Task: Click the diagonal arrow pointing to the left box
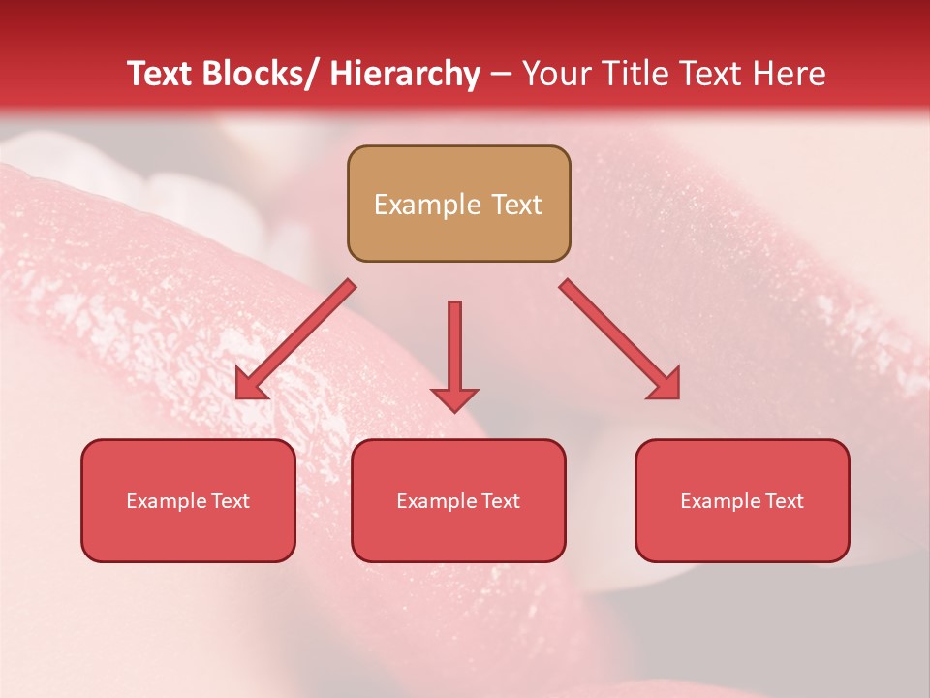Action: (x=295, y=339)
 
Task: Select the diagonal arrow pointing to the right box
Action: (x=620, y=339)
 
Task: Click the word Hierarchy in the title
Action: (x=405, y=74)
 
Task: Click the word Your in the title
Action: (x=557, y=74)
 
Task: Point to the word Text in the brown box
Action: (x=516, y=205)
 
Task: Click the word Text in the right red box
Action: (x=784, y=501)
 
